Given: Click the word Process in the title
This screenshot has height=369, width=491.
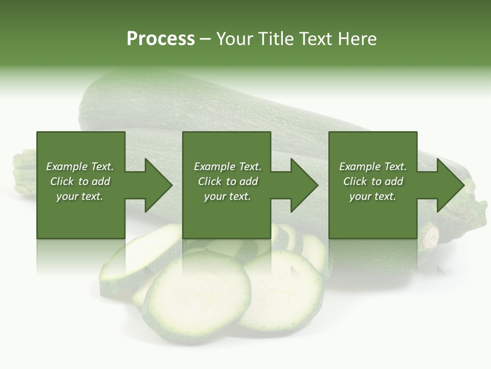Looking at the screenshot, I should coord(161,39).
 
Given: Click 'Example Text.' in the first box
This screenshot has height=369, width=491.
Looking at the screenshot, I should coord(80,167).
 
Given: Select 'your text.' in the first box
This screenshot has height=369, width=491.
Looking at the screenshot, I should coord(80,196).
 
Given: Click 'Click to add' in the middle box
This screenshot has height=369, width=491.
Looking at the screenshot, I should coord(228,181).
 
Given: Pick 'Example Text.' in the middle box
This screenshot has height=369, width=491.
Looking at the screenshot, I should coord(228,167).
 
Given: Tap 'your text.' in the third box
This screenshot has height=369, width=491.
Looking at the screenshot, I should coord(373,196).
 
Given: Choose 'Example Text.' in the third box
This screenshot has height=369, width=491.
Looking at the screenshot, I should coord(373,167).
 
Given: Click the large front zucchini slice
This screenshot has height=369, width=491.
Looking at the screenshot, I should coord(197,297).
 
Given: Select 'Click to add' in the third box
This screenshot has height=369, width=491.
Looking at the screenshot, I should coord(373,181).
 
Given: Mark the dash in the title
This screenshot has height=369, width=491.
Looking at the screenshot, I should coord(206,39).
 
